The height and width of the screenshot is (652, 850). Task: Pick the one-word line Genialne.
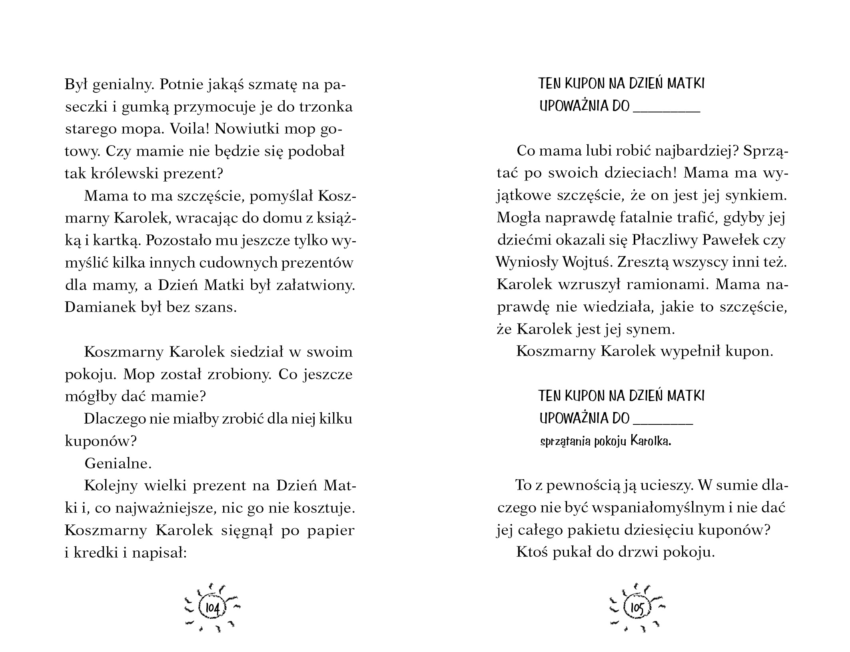tap(118, 464)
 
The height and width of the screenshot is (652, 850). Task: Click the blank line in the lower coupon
tap(663, 423)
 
